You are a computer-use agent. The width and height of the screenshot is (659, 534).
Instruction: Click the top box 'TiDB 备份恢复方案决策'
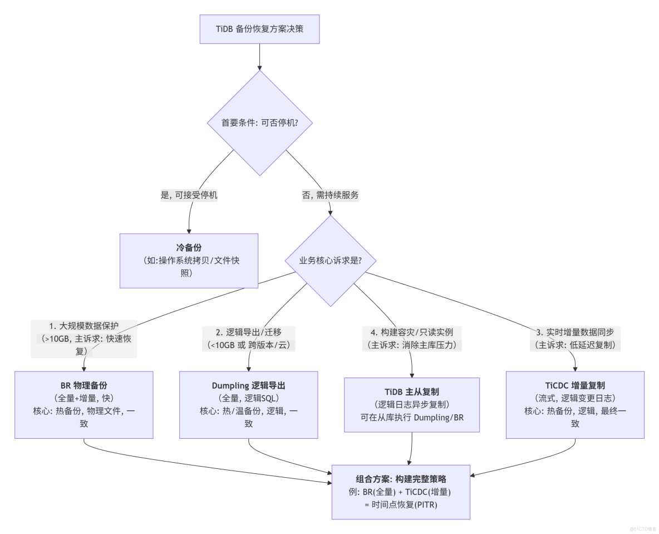click(x=260, y=28)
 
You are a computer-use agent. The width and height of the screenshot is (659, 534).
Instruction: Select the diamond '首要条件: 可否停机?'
click(x=259, y=123)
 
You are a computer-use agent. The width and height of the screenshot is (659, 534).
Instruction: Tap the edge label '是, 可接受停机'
click(x=189, y=195)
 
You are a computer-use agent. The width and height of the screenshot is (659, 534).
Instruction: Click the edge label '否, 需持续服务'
click(x=331, y=195)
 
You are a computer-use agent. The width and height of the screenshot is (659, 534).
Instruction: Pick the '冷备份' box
click(x=189, y=247)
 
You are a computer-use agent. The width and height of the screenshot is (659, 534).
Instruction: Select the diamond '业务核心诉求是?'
click(x=331, y=261)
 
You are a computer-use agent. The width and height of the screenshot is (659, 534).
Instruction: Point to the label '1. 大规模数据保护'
click(x=83, y=326)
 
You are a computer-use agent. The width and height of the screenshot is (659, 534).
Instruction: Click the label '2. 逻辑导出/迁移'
click(x=248, y=332)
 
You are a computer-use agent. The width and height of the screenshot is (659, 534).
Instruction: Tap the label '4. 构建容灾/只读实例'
click(x=412, y=332)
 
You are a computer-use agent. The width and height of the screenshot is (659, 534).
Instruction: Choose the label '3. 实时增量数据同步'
click(x=575, y=332)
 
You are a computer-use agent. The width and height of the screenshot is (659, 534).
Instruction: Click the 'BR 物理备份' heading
click(x=83, y=385)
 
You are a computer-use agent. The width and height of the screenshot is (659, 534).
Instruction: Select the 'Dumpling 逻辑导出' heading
click(x=248, y=385)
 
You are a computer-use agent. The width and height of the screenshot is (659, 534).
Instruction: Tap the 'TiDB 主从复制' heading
click(x=412, y=391)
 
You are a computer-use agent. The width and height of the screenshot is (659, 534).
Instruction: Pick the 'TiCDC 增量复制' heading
click(x=575, y=385)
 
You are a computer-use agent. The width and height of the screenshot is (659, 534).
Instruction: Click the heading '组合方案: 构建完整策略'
click(x=401, y=479)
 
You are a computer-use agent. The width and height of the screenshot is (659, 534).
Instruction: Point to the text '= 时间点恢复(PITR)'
click(x=401, y=504)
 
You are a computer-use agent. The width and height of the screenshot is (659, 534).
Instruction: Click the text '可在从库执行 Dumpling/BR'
click(x=412, y=417)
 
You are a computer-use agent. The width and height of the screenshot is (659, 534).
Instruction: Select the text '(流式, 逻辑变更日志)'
click(x=575, y=398)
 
